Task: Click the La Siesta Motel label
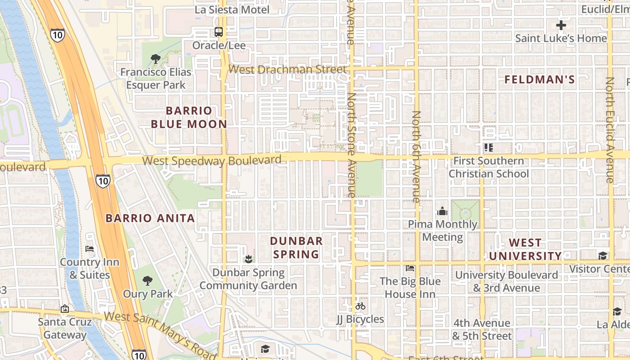click(x=232, y=9)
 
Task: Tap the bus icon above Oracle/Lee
click(x=219, y=32)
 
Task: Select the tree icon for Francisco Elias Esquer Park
click(x=156, y=58)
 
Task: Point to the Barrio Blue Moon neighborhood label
click(x=189, y=117)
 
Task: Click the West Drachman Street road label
click(x=288, y=69)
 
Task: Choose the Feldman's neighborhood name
click(x=540, y=80)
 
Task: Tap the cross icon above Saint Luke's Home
click(x=561, y=25)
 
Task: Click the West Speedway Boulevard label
click(x=211, y=160)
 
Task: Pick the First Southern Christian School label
click(x=489, y=167)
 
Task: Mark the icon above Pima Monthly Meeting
click(x=442, y=211)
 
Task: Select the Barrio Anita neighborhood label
click(x=150, y=218)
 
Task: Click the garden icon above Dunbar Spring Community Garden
click(x=247, y=259)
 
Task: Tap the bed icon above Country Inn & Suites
click(x=90, y=249)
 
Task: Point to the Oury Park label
click(x=148, y=294)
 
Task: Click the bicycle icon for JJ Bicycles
click(x=360, y=306)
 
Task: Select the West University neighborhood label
click(x=526, y=249)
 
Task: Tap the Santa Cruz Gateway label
click(x=65, y=328)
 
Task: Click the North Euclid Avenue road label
click(x=610, y=130)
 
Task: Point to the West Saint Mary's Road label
click(x=161, y=332)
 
